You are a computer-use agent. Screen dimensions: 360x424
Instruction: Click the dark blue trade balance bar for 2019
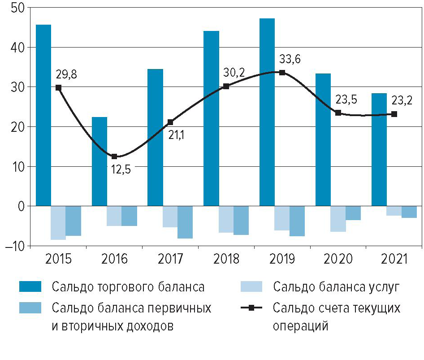coord(267,112)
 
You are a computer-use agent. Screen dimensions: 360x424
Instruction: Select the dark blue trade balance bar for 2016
coord(99,161)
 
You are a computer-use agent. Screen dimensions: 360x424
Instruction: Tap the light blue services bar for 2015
coord(58,223)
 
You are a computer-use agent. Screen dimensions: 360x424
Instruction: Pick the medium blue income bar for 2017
coord(185,222)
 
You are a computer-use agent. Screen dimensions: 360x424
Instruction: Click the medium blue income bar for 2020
coord(353,213)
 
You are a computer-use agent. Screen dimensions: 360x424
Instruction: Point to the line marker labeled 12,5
coord(114,156)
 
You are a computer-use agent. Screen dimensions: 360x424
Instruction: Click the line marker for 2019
coord(282,72)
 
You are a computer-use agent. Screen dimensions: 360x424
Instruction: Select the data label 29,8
coord(66,74)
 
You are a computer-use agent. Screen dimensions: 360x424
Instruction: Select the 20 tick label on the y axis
coord(18,127)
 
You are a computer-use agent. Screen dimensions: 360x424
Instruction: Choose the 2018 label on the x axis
coord(226,259)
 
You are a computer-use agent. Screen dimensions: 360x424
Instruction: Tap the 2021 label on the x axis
coord(394,259)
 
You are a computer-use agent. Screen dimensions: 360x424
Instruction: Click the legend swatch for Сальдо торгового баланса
coord(30,286)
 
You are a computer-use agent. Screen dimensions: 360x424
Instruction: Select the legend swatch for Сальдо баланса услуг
coord(251,286)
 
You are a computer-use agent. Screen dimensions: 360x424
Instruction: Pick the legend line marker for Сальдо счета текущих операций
coord(251,308)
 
